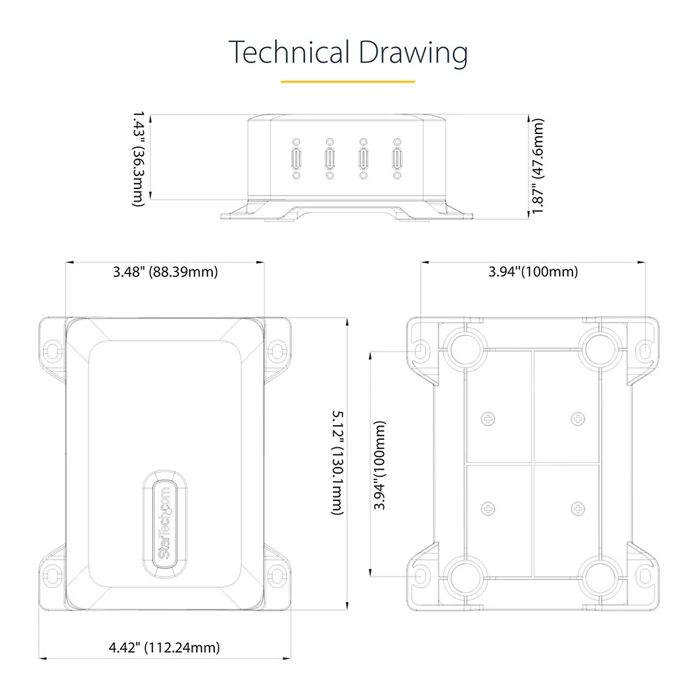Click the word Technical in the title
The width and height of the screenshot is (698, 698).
tap(289, 52)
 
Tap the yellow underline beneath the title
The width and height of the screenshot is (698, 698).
tap(348, 82)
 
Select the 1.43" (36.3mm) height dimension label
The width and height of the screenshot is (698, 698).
tap(139, 159)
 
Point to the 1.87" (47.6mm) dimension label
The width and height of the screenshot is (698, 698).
tap(537, 166)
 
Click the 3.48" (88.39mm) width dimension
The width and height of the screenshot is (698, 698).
tap(165, 272)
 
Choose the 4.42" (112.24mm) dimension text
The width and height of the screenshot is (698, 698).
tap(164, 647)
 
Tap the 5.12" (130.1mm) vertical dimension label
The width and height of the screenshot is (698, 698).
tap(338, 463)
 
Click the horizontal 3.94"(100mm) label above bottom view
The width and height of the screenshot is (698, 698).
tap(533, 272)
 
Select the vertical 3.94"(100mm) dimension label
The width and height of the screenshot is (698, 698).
tap(379, 465)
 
